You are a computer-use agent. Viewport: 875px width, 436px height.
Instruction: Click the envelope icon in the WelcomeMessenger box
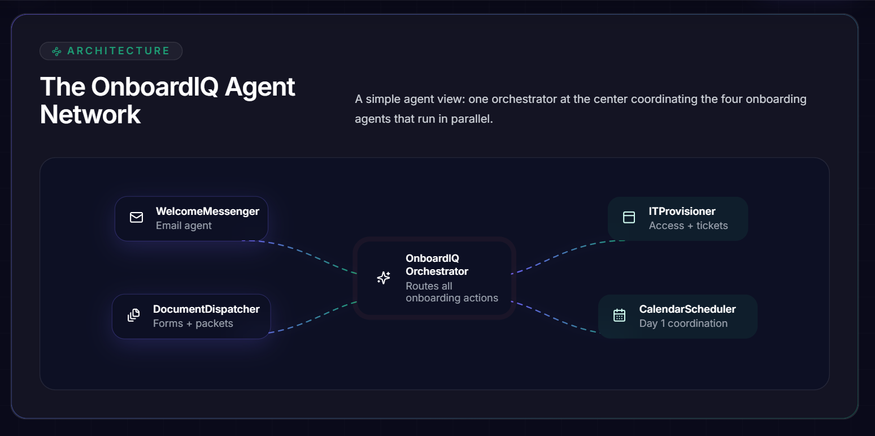136,217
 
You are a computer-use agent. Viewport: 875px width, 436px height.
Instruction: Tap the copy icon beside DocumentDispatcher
133,315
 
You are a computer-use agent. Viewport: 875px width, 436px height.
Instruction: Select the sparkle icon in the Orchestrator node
384,278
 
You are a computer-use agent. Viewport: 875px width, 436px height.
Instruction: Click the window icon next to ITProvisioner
629,217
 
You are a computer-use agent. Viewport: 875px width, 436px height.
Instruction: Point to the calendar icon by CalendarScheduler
619,315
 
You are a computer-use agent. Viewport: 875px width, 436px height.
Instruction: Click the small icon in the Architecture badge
56,51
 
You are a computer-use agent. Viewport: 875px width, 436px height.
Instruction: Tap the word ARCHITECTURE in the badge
119,51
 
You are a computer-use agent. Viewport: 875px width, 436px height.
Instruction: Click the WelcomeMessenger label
207,211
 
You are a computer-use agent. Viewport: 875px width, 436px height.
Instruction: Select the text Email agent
184,226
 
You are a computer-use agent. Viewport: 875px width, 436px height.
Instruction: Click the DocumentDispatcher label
206,309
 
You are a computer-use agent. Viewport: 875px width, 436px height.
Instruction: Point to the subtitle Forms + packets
193,323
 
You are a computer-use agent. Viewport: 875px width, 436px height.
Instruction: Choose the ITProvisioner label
682,211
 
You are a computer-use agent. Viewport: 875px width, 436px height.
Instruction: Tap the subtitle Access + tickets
688,226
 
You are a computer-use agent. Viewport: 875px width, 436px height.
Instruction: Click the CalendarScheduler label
687,309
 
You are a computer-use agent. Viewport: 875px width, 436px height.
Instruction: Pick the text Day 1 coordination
683,323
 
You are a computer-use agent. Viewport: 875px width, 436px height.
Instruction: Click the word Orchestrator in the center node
437,271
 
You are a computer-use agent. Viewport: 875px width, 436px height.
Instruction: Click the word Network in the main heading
90,115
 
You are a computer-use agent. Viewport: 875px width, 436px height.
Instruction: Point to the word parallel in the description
472,119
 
